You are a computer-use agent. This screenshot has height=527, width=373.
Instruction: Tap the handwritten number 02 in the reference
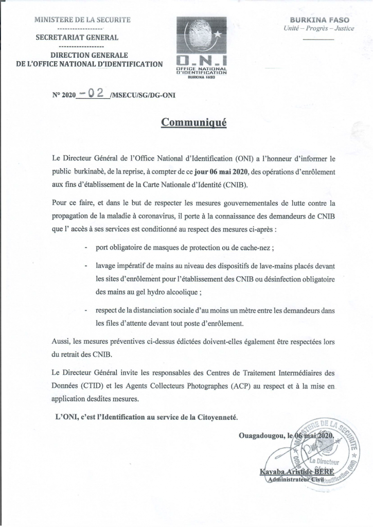[x=95, y=93]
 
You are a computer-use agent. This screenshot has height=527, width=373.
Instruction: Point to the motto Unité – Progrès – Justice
[x=319, y=28]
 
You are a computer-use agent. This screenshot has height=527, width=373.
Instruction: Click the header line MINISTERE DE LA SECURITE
[x=82, y=20]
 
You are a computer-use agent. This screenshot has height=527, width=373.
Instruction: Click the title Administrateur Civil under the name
[x=295, y=480]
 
